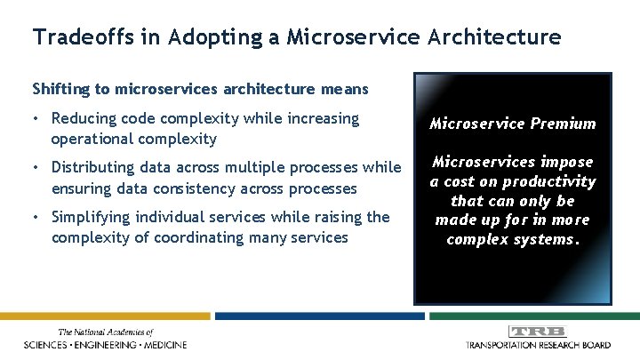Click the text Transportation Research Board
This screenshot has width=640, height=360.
tap(538, 344)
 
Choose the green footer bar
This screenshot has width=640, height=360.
tap(532, 316)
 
